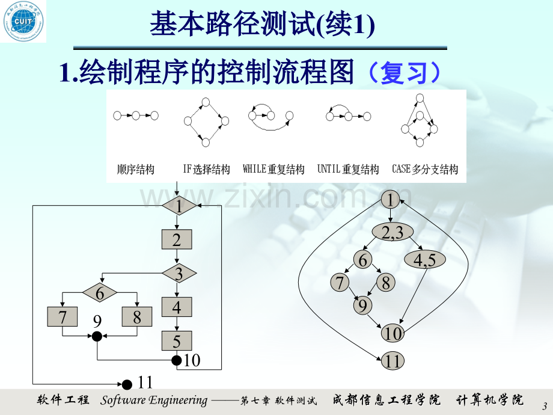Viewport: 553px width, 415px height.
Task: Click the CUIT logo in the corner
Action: point(23,21)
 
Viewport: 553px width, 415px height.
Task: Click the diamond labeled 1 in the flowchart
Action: point(179,205)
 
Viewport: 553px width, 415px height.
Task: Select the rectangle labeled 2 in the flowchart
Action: point(177,239)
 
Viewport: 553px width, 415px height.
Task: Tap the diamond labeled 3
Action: point(179,273)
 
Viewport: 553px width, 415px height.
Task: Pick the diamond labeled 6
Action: point(100,292)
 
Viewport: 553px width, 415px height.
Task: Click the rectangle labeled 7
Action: point(63,316)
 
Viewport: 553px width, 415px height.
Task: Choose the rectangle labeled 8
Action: point(137,316)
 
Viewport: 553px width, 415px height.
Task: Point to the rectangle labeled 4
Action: point(177,307)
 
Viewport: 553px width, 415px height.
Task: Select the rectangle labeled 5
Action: point(177,340)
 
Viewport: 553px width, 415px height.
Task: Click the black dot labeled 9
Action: point(97,336)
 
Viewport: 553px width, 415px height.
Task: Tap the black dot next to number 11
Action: point(127,384)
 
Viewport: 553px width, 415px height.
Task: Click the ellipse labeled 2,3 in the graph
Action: point(393,232)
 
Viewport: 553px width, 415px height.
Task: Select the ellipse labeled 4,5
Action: point(424,260)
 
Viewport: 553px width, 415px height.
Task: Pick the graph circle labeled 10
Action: point(393,333)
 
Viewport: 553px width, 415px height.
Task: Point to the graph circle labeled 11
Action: point(393,361)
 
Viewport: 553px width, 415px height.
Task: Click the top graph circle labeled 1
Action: point(391,200)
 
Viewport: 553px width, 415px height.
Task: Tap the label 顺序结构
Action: point(136,170)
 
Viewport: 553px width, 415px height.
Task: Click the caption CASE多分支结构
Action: point(425,169)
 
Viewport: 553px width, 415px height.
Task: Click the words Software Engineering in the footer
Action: point(154,400)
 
